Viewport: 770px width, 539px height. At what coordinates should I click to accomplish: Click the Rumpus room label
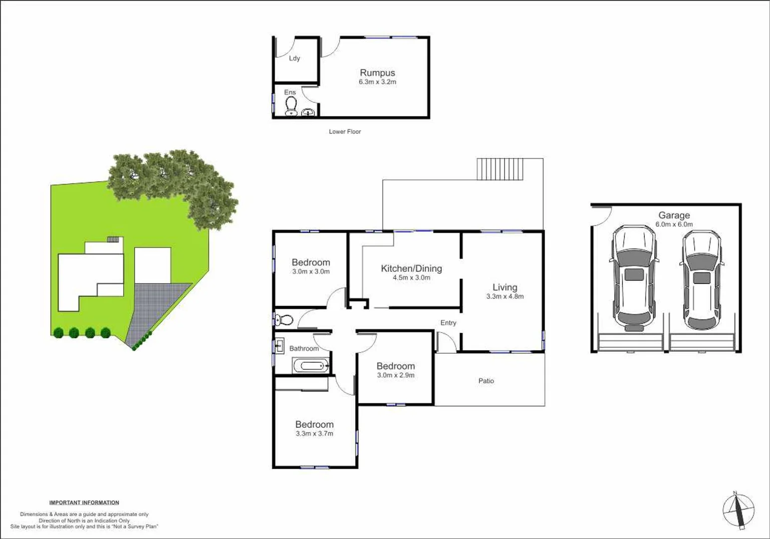coord(377,73)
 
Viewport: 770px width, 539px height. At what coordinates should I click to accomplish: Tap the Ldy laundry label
coord(294,58)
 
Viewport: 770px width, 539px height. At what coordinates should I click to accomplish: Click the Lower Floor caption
coord(345,132)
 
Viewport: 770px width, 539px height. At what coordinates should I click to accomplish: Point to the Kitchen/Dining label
coord(411,269)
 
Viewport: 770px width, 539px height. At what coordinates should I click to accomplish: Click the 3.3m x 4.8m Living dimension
coord(505,296)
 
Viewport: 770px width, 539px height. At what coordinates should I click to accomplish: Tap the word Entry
coord(448,323)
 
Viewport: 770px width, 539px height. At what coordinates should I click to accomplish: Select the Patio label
coord(486,381)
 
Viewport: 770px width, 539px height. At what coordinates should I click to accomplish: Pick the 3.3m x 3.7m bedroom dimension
coord(314,434)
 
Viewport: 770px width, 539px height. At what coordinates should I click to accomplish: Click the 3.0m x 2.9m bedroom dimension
coord(395,375)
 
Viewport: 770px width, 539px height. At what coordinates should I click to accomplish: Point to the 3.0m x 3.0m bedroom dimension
coord(311,271)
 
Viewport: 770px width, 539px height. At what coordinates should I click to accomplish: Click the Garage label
coord(674,215)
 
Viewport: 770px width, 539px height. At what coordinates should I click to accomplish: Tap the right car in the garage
coord(702,280)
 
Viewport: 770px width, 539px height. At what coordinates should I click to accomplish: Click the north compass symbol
coord(739,510)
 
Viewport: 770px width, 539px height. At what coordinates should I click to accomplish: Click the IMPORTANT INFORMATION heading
coord(84,503)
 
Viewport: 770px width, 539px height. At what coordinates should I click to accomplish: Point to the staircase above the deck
coord(500,169)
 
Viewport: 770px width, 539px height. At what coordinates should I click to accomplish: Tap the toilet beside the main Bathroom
coord(284,319)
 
